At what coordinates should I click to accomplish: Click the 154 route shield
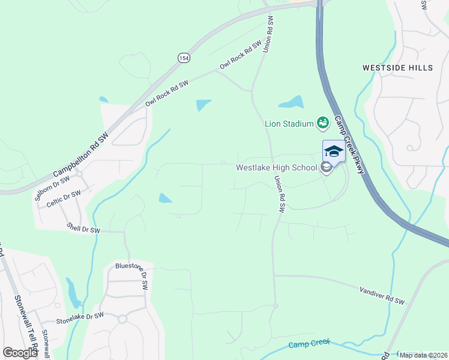tap(183, 57)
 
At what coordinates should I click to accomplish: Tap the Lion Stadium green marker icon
tap(323, 123)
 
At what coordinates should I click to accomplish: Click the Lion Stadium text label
tap(289, 124)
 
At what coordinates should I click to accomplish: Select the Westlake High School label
tap(276, 167)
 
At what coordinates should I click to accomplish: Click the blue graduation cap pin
tap(333, 151)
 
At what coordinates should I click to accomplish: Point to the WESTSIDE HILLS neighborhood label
tap(397, 68)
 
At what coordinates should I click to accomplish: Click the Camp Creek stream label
tap(309, 344)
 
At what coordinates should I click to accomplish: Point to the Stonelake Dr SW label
tap(80, 318)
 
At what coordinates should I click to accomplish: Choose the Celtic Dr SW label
tap(64, 199)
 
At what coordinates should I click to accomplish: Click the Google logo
tap(20, 352)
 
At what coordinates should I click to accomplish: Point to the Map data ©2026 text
tap(423, 355)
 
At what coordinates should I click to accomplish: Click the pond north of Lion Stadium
tap(291, 102)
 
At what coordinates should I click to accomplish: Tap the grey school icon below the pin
tap(326, 167)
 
